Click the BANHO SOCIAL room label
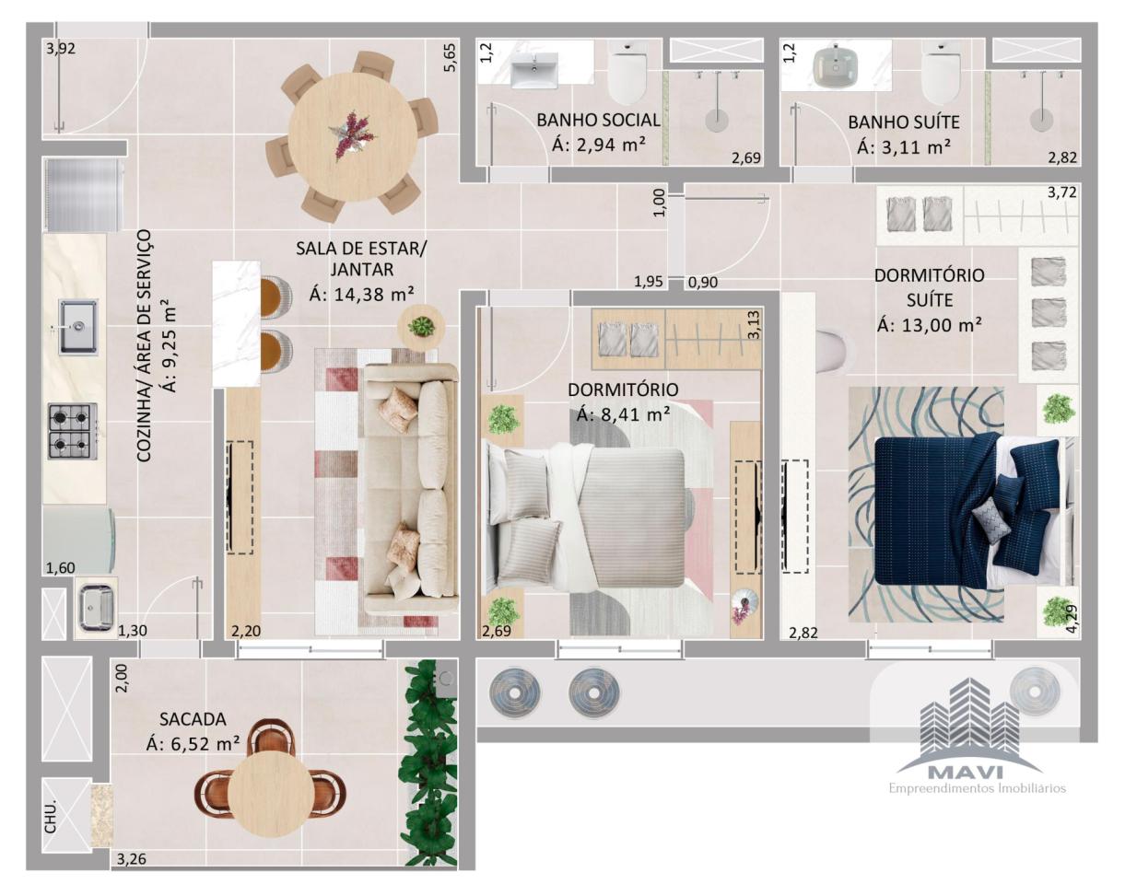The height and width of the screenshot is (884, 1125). pyautogui.click(x=598, y=120)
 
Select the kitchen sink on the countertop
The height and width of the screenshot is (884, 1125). pyautogui.click(x=78, y=327)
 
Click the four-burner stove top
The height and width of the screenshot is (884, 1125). pyautogui.click(x=73, y=431)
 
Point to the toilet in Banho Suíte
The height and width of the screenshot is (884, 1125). pyautogui.click(x=941, y=73)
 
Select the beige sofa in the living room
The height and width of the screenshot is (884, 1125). pyautogui.click(x=412, y=488)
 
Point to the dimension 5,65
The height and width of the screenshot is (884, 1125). pyautogui.click(x=450, y=57)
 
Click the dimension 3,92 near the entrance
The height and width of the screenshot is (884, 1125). pyautogui.click(x=61, y=49)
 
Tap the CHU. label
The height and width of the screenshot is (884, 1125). pyautogui.click(x=50, y=818)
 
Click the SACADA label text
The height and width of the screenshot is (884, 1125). pyautogui.click(x=193, y=719)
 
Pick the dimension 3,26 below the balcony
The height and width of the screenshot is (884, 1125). pyautogui.click(x=131, y=858)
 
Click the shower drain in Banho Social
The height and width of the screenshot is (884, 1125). pyautogui.click(x=716, y=120)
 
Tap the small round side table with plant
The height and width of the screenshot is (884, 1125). pyautogui.click(x=421, y=328)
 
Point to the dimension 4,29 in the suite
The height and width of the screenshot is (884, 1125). pyautogui.click(x=1072, y=619)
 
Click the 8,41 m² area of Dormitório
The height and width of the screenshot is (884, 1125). pyautogui.click(x=624, y=414)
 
